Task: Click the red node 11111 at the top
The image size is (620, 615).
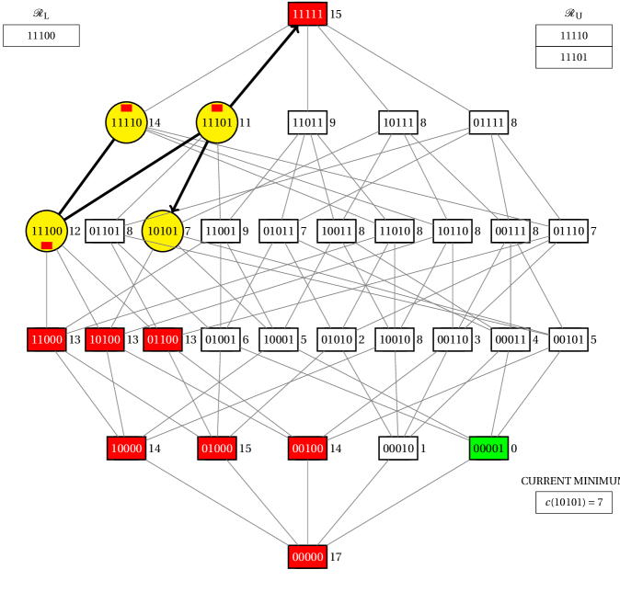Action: coord(307,14)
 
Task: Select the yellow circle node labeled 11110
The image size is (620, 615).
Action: coord(126,122)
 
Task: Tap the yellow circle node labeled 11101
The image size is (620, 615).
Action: coord(217,122)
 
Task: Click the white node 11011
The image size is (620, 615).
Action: coord(307,122)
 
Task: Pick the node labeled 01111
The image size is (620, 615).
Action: coord(488,122)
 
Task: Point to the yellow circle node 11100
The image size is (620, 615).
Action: coord(47,231)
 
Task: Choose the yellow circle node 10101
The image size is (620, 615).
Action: coord(163,231)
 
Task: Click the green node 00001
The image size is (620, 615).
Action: coord(488,448)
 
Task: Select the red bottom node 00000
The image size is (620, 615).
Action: coord(307,556)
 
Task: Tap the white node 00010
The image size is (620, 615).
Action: coord(398,448)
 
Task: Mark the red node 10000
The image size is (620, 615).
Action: coord(126,448)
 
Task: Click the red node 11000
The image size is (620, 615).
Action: coord(47,339)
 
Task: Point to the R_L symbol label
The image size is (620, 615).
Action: coord(41,14)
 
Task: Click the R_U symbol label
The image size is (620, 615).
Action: coord(574,14)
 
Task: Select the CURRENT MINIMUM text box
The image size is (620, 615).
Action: coord(568,481)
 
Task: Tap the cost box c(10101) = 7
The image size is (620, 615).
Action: coord(574,502)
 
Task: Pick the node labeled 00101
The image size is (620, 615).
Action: coord(568,339)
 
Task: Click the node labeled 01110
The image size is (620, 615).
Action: coord(568,231)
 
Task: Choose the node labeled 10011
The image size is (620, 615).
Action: coord(337,231)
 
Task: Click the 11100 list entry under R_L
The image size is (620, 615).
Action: coord(41,35)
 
